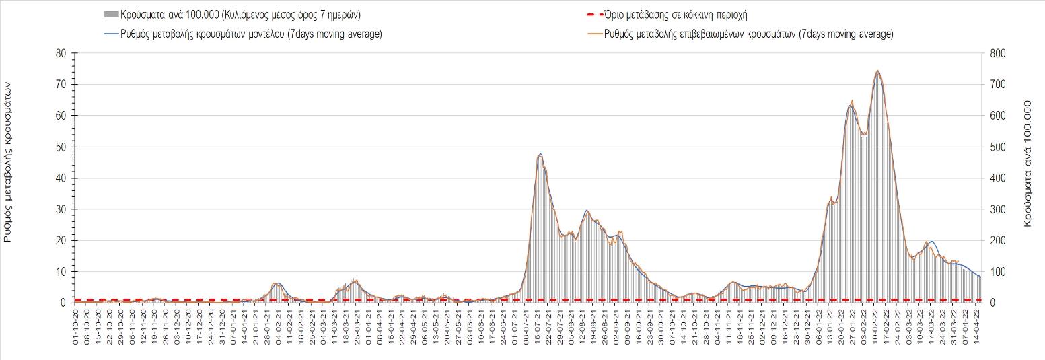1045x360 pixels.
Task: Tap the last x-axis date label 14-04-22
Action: [978, 326]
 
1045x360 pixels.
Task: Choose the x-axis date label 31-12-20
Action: [222, 326]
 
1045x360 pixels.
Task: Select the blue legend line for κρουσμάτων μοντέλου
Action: [110, 34]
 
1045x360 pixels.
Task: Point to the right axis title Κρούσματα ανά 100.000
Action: [1028, 164]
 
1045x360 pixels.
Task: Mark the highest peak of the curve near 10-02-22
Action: [877, 71]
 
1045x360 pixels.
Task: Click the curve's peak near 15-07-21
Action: [540, 154]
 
